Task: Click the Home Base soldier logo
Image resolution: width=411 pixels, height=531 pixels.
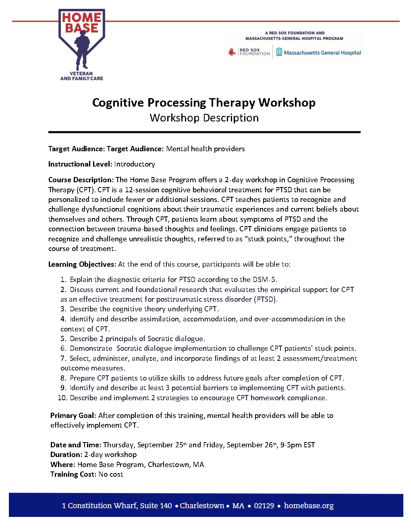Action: [x=82, y=44]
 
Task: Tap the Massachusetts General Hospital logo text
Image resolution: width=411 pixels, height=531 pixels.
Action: [x=322, y=53]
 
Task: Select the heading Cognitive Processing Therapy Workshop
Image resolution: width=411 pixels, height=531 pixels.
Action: [x=204, y=103]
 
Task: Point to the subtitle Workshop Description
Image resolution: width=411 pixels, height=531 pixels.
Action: [x=204, y=118]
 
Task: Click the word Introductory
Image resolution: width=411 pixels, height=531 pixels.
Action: [x=135, y=164]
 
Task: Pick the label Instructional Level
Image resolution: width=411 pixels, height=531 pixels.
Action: [x=79, y=164]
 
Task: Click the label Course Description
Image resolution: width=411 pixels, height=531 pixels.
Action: [x=80, y=180]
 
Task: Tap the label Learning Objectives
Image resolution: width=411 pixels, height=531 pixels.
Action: [x=82, y=264]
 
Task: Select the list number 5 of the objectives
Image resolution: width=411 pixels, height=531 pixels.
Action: [x=63, y=339]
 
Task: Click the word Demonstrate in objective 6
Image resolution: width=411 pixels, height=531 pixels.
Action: [x=91, y=348]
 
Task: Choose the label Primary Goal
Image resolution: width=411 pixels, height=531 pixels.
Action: [x=73, y=416]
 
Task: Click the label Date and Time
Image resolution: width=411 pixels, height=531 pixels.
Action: [x=75, y=445]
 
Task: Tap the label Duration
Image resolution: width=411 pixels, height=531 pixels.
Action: [x=66, y=455]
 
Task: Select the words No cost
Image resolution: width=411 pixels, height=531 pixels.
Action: [x=111, y=474]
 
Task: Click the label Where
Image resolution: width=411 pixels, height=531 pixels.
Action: [x=62, y=465]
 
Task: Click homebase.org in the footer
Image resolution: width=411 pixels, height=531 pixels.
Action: [x=309, y=506]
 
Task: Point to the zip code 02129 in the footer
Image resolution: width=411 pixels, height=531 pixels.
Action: [x=264, y=506]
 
